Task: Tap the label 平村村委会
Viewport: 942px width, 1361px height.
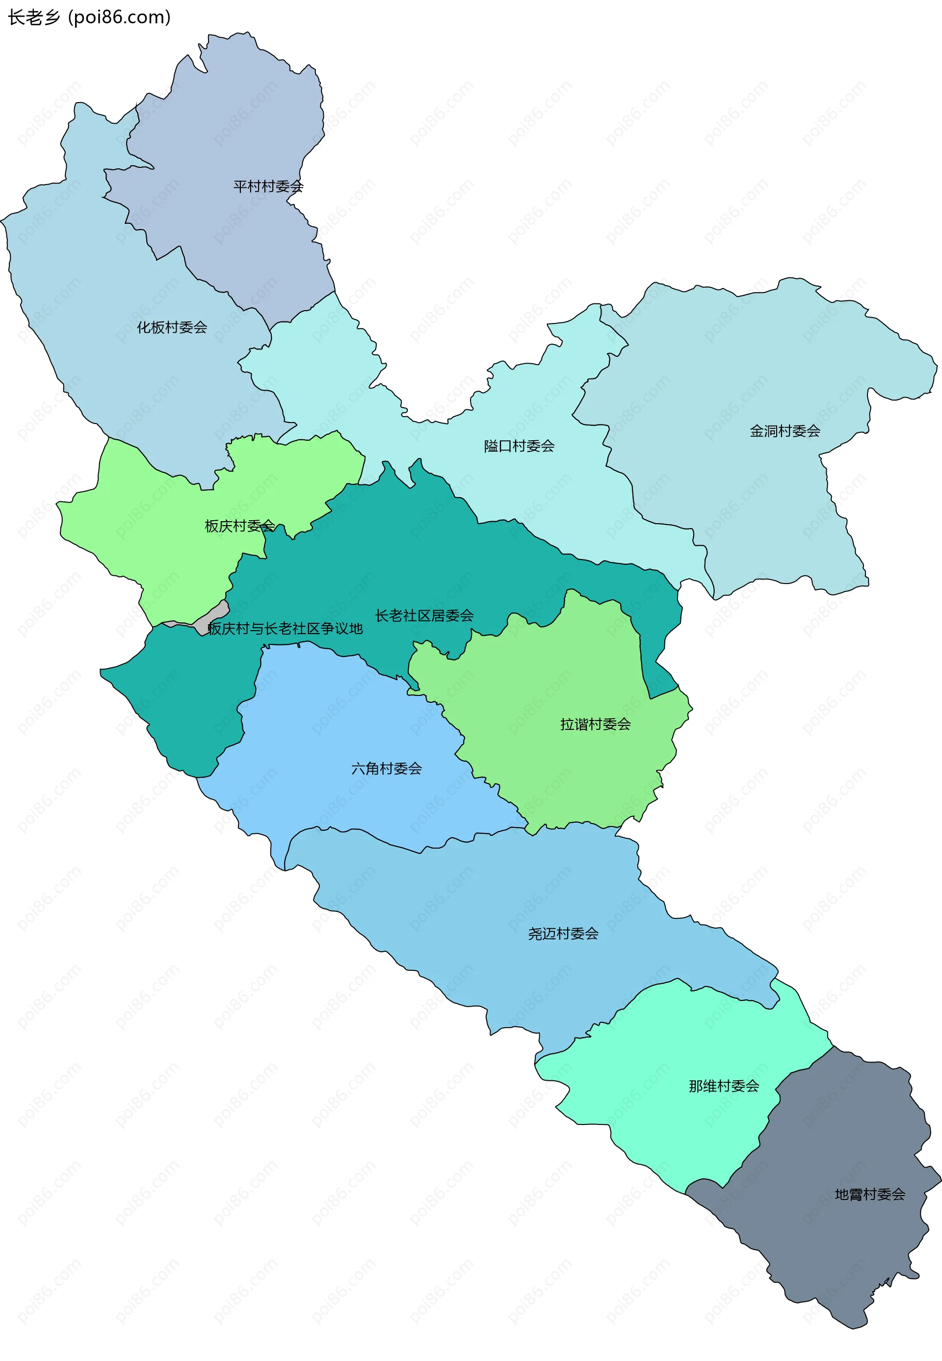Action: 268,187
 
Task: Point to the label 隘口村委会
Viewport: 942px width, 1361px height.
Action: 519,446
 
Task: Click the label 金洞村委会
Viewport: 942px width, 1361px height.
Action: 785,431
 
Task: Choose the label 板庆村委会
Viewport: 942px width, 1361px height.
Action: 239,526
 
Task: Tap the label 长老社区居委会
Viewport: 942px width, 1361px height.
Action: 424,615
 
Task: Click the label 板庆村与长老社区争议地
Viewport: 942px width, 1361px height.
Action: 285,628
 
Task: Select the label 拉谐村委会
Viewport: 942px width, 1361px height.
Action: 595,724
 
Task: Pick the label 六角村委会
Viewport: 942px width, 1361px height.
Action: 386,768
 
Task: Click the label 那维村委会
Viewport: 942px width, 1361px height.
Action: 724,1086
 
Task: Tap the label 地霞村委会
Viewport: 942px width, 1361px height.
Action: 869,1195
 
